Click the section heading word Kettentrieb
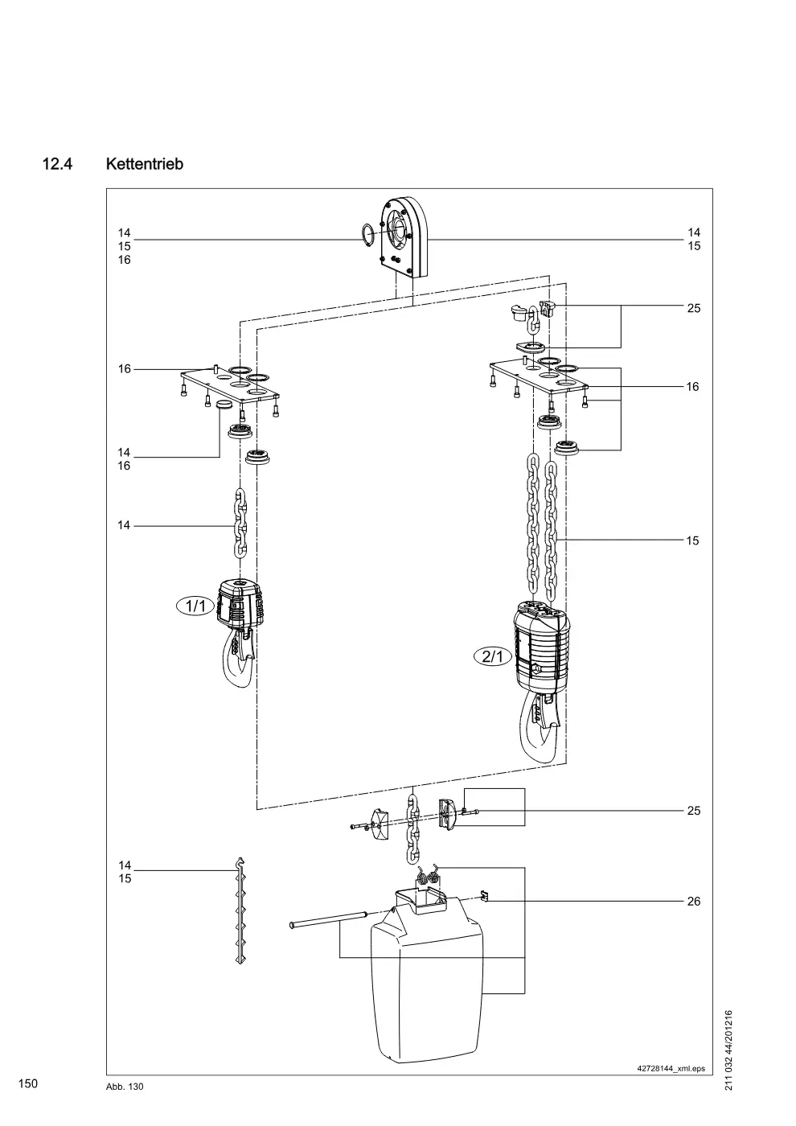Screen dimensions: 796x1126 click(x=144, y=164)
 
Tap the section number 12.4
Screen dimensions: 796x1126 click(x=57, y=164)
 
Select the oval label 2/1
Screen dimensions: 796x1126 click(x=493, y=656)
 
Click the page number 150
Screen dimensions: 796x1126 click(x=28, y=1083)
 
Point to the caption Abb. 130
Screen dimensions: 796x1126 click(x=125, y=1087)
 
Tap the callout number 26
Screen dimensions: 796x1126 click(x=693, y=902)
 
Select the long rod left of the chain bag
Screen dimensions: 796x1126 click(x=329, y=918)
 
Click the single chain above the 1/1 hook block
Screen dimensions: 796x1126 click(x=240, y=523)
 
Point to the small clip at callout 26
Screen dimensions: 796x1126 click(x=484, y=897)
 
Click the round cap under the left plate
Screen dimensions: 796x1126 click(x=224, y=404)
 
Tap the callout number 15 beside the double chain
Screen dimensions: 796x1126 click(x=692, y=540)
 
